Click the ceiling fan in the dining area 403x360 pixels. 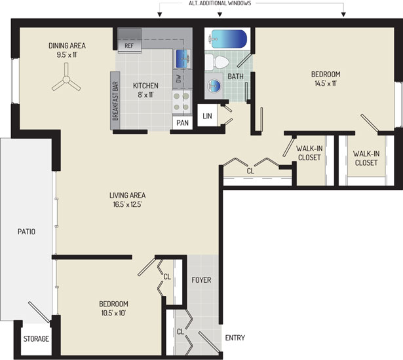[x=66, y=79]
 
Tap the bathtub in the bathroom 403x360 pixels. [x=227, y=39]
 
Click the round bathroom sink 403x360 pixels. [x=214, y=84]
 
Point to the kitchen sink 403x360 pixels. [x=183, y=58]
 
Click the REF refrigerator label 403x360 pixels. [x=129, y=46]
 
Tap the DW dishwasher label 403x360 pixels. [x=179, y=79]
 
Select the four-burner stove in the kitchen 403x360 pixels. [x=182, y=101]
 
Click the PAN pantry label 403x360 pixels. [x=182, y=123]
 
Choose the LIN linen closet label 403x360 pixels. [x=208, y=116]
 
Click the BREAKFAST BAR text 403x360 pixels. [x=115, y=101]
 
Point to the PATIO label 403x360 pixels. [x=26, y=232]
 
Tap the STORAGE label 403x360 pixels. [x=36, y=338]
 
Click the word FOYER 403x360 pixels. [x=202, y=280]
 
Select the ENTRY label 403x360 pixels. [x=235, y=338]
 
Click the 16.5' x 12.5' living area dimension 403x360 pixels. [x=128, y=205]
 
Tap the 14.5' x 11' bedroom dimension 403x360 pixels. [x=326, y=83]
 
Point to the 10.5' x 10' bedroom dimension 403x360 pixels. [x=113, y=314]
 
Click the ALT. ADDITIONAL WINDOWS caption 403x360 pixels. [x=220, y=3]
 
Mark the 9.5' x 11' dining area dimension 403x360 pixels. [x=67, y=55]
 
